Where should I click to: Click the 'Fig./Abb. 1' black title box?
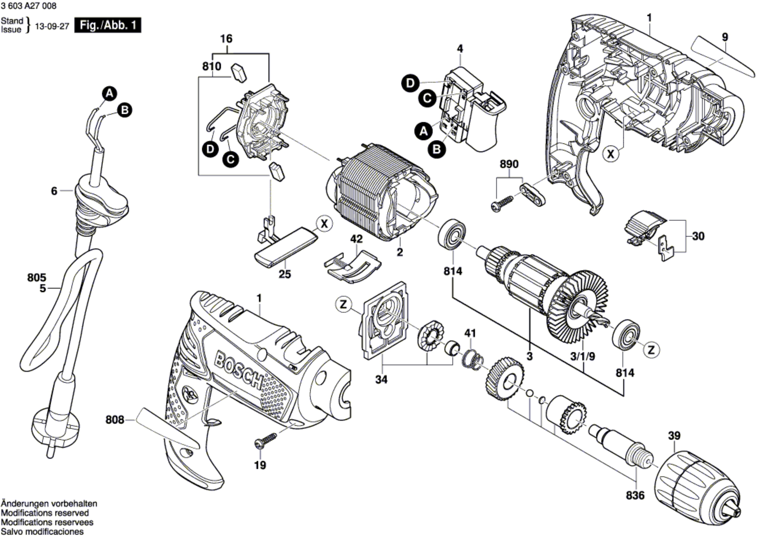[108, 25]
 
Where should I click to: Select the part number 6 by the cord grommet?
[54, 191]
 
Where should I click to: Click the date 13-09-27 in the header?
[52, 26]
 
